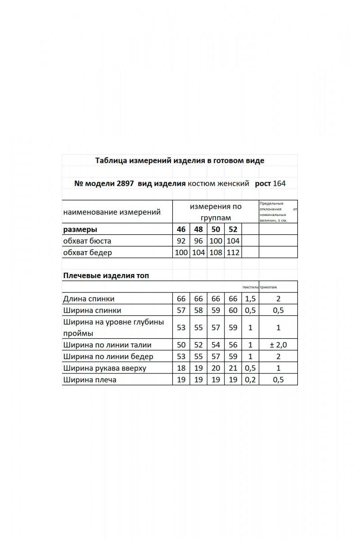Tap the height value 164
(x=279, y=184)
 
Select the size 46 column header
(x=181, y=229)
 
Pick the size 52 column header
(x=233, y=229)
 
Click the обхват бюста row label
(x=87, y=241)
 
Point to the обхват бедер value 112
(x=233, y=252)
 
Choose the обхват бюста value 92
(x=181, y=241)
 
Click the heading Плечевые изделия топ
(x=106, y=275)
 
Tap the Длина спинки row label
(x=89, y=299)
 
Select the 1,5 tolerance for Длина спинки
(x=250, y=299)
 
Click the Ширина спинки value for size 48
(x=198, y=310)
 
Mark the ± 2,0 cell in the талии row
(x=278, y=345)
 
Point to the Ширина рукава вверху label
(x=105, y=368)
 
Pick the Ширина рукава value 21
(x=233, y=368)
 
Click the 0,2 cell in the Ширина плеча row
(x=250, y=380)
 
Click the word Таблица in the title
(x=111, y=161)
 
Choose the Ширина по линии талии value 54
(x=216, y=345)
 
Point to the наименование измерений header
(x=112, y=212)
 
